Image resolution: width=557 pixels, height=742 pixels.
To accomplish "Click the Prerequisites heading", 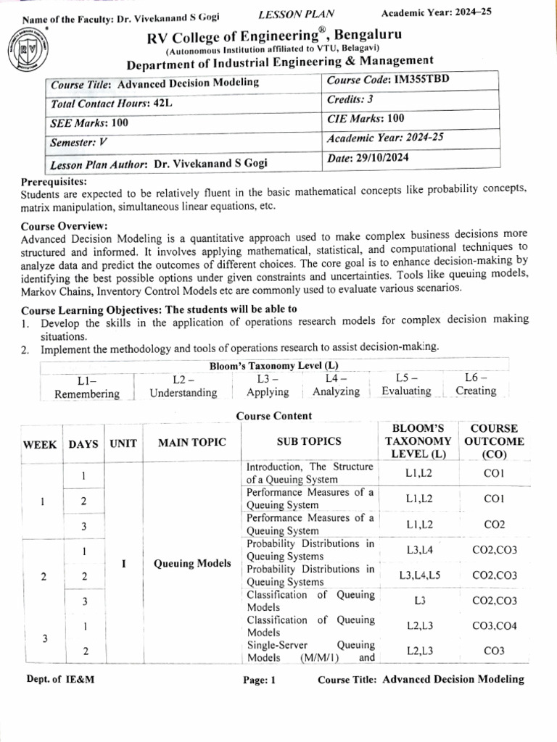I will pos(54,181).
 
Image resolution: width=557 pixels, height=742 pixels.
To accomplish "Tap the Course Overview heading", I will pos(64,225).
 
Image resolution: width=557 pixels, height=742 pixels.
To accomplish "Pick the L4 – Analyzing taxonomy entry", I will pos(336,385).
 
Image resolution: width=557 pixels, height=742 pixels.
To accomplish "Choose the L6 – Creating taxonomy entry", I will pos(476,384).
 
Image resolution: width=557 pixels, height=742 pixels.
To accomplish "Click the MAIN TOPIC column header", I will pos(192,442).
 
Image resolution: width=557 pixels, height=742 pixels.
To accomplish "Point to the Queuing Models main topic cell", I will pos(192,563).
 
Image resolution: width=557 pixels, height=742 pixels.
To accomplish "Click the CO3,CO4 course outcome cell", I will pos(494,626).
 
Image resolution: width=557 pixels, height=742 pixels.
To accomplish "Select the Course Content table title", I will pos(274,416).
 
